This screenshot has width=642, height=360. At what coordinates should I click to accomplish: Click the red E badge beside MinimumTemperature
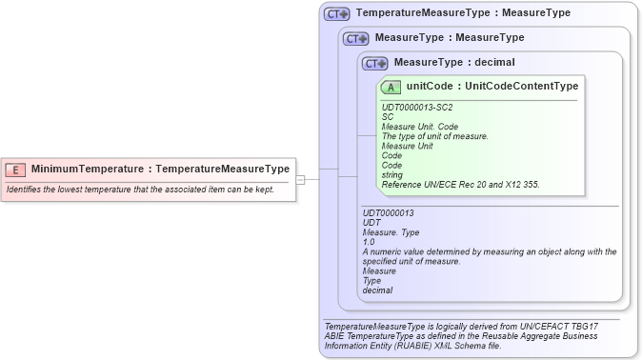[15, 170]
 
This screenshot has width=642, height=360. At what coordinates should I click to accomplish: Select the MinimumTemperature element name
[88, 170]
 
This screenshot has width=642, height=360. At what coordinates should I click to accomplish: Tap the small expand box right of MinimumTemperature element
[300, 178]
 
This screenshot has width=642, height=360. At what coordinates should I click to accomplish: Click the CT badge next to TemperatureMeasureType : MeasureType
[337, 14]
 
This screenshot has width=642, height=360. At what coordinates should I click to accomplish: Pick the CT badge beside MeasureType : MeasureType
[356, 38]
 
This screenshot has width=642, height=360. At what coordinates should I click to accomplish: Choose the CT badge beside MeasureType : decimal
[375, 63]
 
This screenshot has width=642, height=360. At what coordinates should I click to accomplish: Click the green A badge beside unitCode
[391, 87]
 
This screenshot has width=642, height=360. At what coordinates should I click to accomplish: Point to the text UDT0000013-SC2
[417, 108]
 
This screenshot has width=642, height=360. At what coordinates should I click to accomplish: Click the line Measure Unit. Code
[420, 127]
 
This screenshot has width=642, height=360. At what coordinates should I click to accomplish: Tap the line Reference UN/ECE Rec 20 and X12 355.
[460, 184]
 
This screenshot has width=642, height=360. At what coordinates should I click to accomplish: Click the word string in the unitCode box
[391, 174]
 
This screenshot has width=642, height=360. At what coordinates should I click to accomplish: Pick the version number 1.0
[369, 242]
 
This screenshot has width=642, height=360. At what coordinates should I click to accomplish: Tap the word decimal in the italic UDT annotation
[378, 290]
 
